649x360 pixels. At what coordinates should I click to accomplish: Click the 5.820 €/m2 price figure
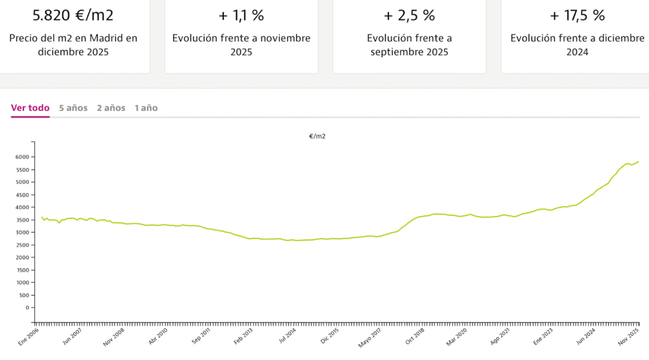coord(73,15)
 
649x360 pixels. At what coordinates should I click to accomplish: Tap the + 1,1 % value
coord(241,15)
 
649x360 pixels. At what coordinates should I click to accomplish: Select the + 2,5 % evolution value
coord(409,15)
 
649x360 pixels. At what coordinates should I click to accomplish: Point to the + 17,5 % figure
coord(577,15)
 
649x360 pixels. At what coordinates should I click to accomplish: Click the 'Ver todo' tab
coord(30,108)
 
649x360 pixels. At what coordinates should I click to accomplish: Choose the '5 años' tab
coord(73,108)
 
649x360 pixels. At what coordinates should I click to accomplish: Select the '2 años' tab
coord(111,108)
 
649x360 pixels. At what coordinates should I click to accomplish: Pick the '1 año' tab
coord(146,108)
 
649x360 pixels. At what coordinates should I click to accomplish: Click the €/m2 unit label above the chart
coord(317,136)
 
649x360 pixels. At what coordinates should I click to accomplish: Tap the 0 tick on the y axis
coord(27,307)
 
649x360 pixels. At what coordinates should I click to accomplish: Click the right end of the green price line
coord(638,162)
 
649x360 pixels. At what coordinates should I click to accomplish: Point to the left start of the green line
coord(42,217)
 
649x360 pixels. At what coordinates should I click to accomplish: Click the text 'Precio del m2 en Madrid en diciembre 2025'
coord(73,45)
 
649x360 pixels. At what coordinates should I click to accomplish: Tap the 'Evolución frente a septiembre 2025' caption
coord(409,45)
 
